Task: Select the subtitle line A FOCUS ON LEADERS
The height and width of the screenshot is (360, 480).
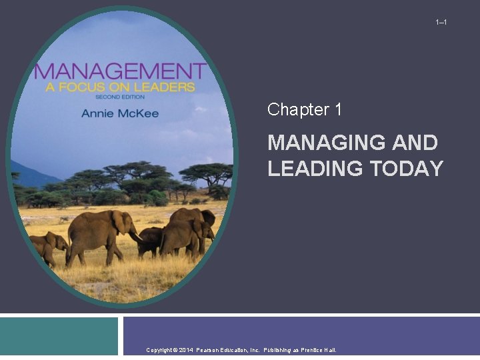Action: tap(115, 87)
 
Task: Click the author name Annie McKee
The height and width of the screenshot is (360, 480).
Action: tap(120, 113)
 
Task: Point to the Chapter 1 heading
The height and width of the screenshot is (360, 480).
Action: tap(305, 110)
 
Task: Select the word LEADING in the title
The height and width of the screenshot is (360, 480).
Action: tap(312, 169)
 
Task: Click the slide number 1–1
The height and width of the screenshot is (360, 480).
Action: tap(441, 23)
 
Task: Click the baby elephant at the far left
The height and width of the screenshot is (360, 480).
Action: tap(47, 246)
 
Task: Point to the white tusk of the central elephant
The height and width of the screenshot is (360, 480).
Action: tap(136, 236)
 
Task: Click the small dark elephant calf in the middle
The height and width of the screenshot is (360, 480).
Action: tap(150, 240)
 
